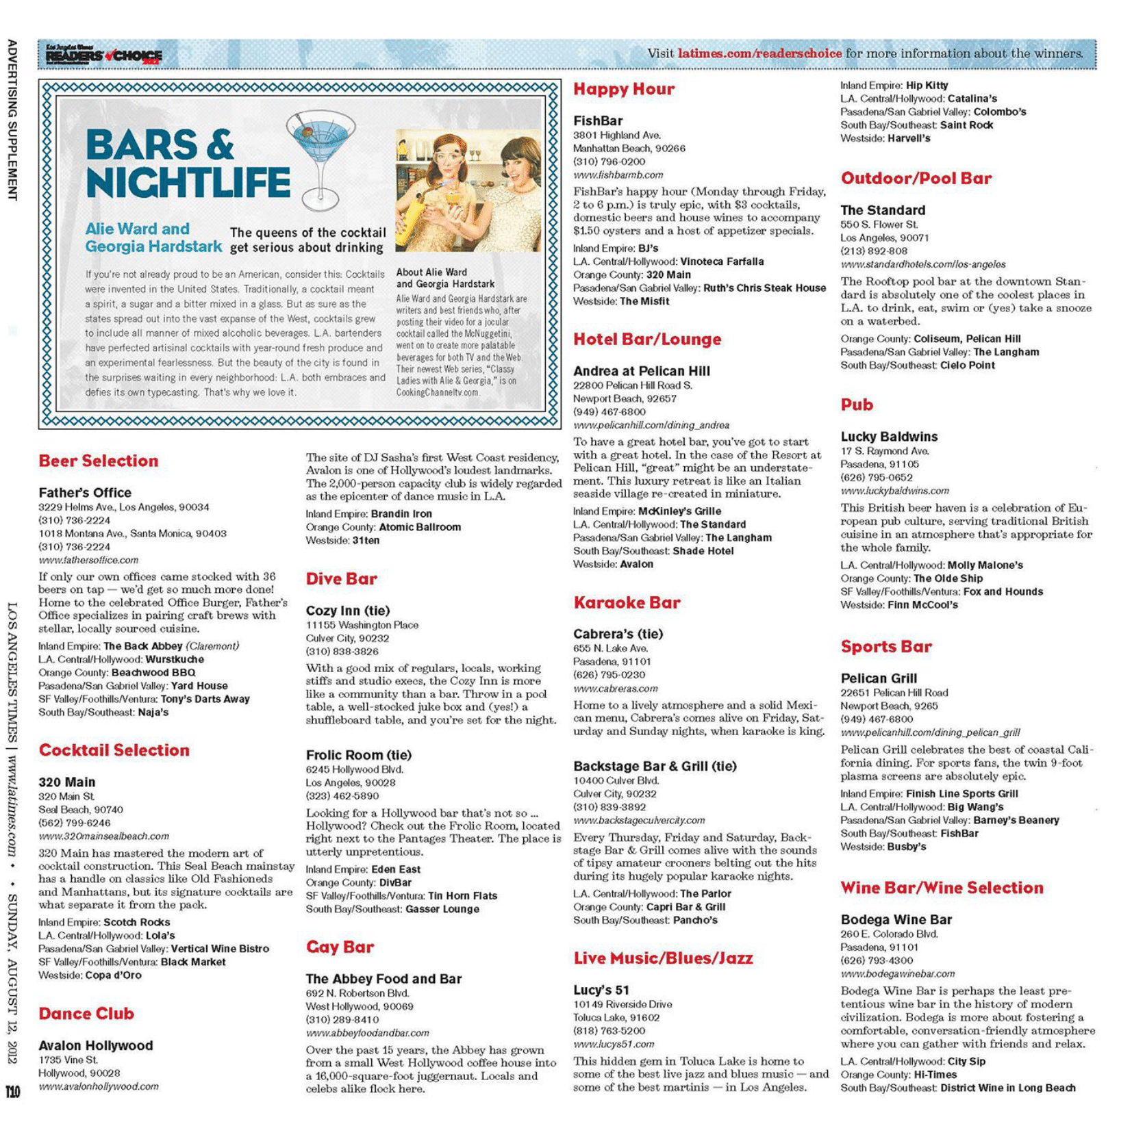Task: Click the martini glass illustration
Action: [x=320, y=159]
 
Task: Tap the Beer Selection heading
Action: [x=98, y=461]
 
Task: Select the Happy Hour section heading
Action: [x=623, y=89]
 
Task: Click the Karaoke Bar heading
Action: [x=627, y=602]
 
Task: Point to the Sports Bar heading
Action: [x=885, y=646]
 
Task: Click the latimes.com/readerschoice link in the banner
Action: [x=759, y=53]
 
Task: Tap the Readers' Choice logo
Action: [x=103, y=55]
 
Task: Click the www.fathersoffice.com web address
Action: [x=88, y=560]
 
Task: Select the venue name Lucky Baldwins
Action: [x=889, y=436]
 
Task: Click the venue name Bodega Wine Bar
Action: [x=896, y=919]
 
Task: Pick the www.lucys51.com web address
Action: [x=613, y=1044]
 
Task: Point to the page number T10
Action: [x=13, y=1091]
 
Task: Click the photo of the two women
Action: [x=468, y=192]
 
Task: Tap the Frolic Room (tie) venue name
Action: [x=358, y=755]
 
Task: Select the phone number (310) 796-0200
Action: [x=609, y=162]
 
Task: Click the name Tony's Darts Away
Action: [x=205, y=699]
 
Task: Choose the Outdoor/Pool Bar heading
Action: [x=916, y=179]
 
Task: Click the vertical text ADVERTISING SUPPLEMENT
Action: [x=12, y=120]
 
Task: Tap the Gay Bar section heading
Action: [x=340, y=947]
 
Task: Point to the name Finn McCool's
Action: [x=922, y=605]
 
